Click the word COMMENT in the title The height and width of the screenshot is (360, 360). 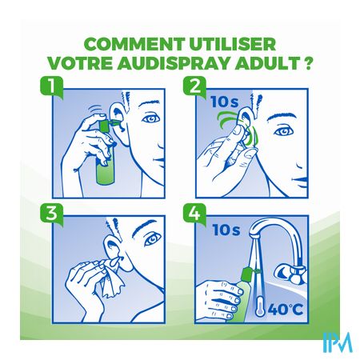(x=134, y=44)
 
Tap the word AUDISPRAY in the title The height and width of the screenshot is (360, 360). (x=173, y=63)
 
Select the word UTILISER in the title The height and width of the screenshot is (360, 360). (x=232, y=44)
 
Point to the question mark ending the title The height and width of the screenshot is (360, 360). (x=308, y=63)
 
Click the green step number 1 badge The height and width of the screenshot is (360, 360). (x=51, y=86)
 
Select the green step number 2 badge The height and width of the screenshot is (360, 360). (x=194, y=86)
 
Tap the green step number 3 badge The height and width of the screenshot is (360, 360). (x=51, y=213)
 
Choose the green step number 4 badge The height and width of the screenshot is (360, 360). (x=194, y=213)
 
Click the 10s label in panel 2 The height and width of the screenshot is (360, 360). (x=225, y=102)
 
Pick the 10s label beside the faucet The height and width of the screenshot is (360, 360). (x=226, y=230)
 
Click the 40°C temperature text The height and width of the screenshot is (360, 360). (x=286, y=310)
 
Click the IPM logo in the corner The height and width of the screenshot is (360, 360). (x=338, y=342)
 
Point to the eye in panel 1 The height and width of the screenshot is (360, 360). (x=151, y=118)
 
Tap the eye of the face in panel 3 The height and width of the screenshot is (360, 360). (x=153, y=240)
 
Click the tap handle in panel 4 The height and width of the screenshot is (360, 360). (x=291, y=273)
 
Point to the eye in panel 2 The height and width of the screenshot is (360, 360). (x=284, y=131)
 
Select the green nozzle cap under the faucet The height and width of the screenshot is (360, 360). (x=246, y=274)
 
